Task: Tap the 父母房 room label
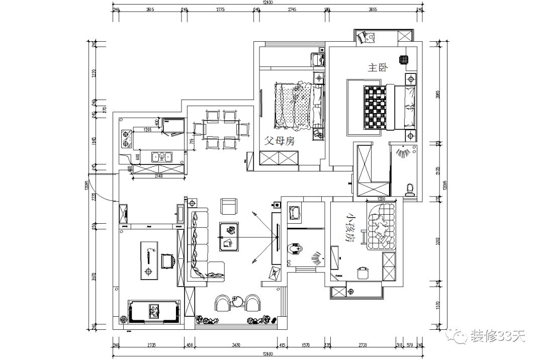279,141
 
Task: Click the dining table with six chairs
221,130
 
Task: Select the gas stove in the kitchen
126,138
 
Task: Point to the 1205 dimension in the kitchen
147,129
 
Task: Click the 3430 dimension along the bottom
232,345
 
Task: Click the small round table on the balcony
237,301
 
